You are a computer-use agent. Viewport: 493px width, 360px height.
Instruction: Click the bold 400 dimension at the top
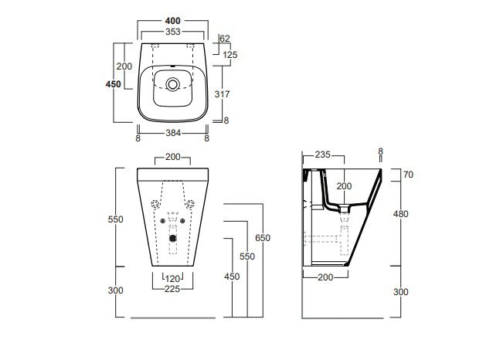(172, 21)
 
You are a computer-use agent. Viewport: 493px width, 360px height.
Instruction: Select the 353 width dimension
(172, 32)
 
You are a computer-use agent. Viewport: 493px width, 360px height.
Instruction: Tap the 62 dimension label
(225, 39)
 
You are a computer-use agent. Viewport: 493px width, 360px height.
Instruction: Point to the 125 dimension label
(230, 55)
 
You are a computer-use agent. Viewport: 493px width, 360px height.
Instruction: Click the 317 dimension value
(222, 93)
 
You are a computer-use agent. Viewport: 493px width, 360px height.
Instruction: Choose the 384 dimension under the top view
(173, 133)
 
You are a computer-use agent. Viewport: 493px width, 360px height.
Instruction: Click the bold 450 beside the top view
(113, 84)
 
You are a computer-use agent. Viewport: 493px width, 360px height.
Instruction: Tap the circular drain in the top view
(172, 84)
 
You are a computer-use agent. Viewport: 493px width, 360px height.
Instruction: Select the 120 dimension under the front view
(172, 279)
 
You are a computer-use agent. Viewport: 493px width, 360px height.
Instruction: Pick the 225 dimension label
(172, 289)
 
